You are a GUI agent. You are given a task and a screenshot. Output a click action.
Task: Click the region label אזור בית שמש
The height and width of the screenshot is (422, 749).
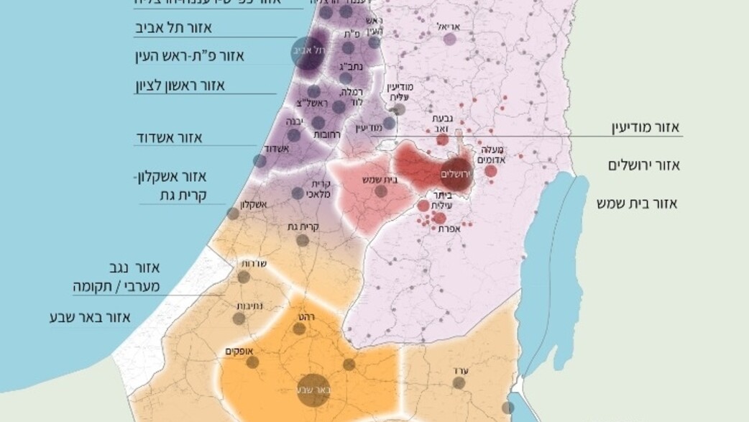636,203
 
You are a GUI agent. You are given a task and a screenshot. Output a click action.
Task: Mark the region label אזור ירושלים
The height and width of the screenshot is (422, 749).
644,165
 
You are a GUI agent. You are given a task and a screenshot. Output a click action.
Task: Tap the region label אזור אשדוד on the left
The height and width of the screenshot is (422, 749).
170,137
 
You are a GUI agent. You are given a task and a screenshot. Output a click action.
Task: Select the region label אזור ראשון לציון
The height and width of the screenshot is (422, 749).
180,85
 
